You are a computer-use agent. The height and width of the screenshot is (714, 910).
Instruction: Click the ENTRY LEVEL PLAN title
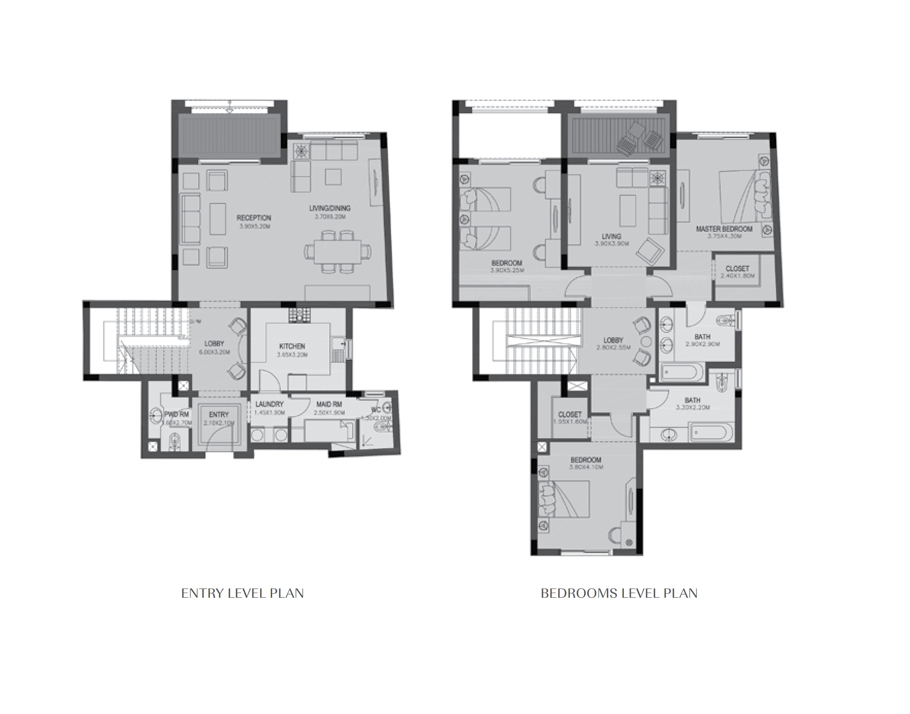coord(242,593)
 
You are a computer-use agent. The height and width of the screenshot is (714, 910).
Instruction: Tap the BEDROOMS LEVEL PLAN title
coord(619,593)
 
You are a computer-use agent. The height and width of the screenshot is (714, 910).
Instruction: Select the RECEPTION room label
coord(254,218)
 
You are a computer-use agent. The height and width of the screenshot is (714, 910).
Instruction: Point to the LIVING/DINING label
coord(330,208)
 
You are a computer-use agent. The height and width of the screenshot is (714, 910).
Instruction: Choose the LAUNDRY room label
coord(269,404)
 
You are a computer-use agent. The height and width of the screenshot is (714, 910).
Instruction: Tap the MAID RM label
coord(329,404)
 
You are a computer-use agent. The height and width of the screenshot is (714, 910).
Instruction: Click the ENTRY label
coord(219,414)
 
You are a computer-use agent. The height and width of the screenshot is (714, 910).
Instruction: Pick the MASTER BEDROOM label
coord(724,229)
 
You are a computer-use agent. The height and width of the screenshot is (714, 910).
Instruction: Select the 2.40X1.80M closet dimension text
coord(737,276)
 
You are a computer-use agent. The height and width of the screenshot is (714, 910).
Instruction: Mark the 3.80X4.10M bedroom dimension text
coord(586,467)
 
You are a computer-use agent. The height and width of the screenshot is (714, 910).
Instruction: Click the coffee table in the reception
coord(218,219)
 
